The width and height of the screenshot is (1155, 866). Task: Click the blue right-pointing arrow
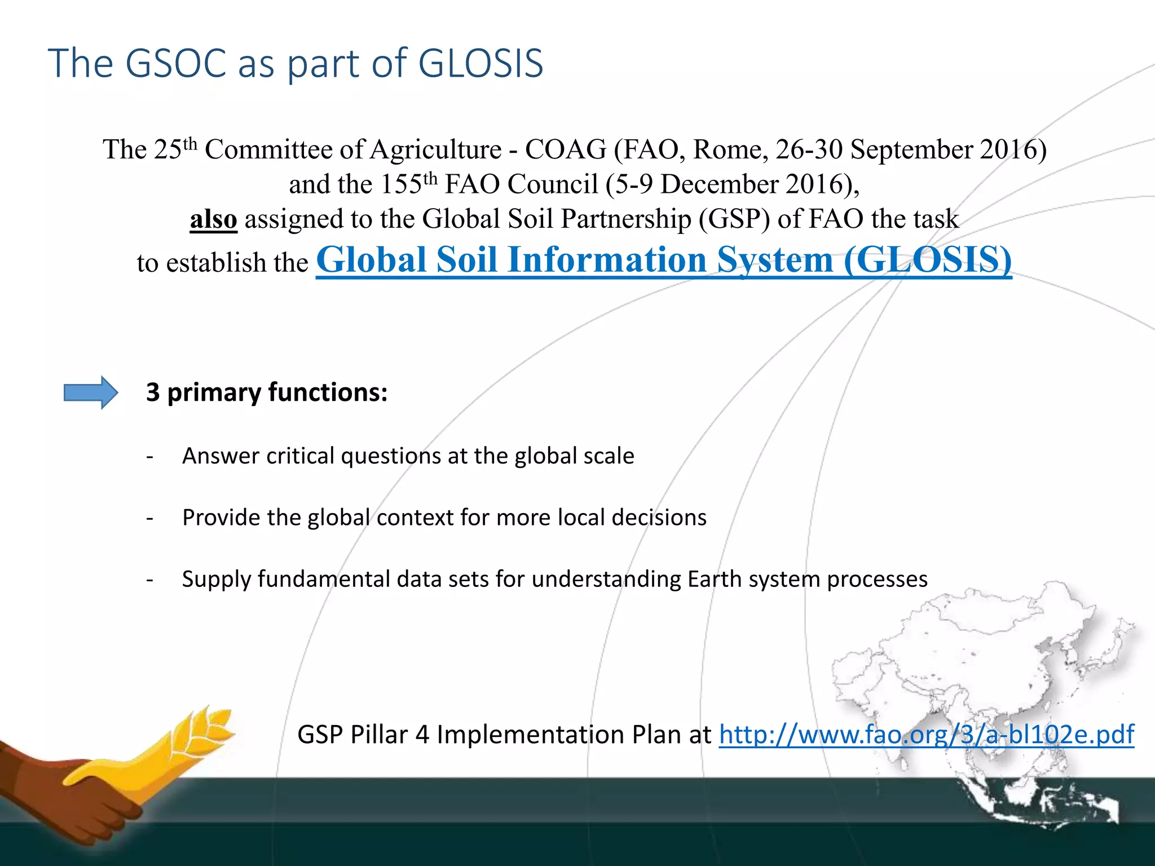point(91,392)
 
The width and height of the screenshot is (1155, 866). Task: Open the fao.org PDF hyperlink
point(926,735)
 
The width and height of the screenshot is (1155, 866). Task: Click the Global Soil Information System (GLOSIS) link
point(663,260)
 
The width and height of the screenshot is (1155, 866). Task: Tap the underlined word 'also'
point(213,219)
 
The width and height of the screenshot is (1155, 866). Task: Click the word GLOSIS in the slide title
point(480,63)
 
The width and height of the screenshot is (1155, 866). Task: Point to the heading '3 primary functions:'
point(267,392)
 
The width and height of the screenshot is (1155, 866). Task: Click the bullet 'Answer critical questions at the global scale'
point(408,456)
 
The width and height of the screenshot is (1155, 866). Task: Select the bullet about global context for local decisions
point(444,518)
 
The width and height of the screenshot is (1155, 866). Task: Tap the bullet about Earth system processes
point(554,580)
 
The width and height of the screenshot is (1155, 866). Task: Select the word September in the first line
point(911,150)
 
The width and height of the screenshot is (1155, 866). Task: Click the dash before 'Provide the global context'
point(149,518)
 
